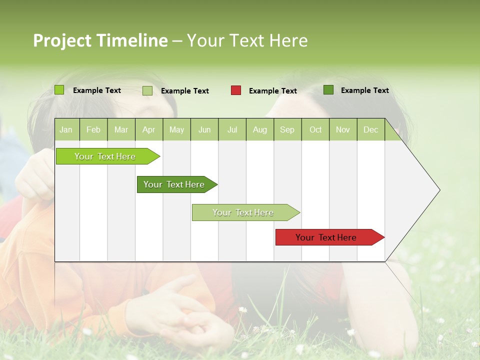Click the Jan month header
coord(66,130)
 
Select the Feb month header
coord(93,130)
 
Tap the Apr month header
coord(148,130)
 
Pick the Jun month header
coord(204,130)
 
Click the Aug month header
coord(259,130)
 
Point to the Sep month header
coord(287,130)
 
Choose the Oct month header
coord(315,130)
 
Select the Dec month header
coord(370,130)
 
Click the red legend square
coord(236,90)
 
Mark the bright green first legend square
coord(59,90)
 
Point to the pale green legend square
coord(147,90)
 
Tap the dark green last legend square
coord(328,90)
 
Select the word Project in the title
coord(61,40)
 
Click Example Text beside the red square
coord(272,91)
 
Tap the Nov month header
coord(342,130)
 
